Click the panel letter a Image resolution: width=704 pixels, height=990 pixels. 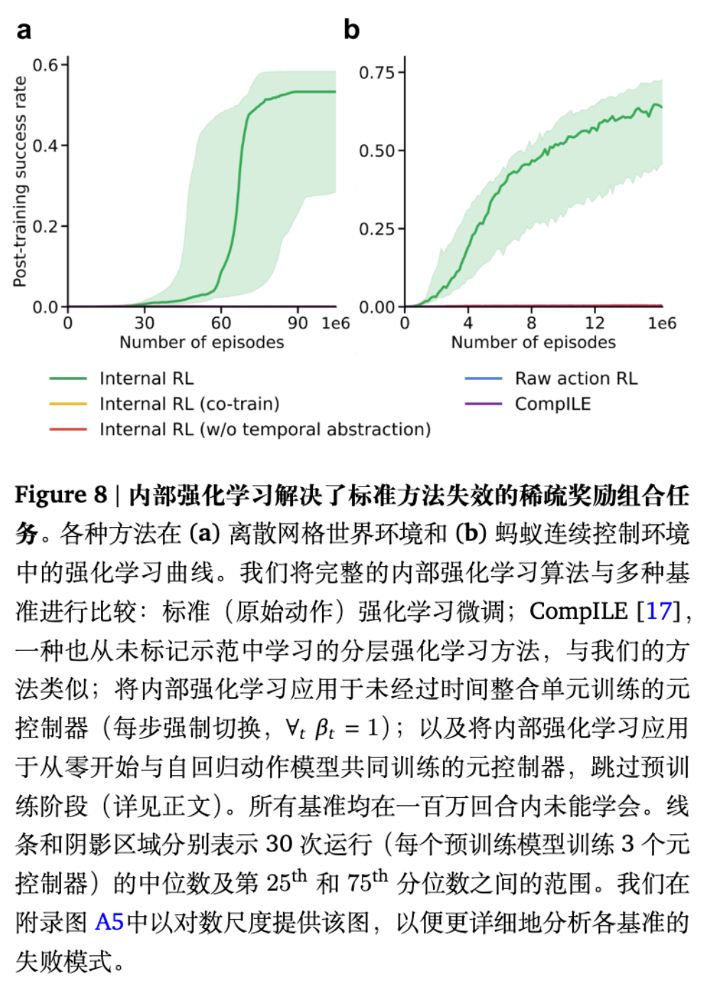coord(24,31)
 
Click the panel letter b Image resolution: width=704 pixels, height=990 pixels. coord(351,30)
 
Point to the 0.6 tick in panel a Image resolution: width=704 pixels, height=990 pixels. coord(46,65)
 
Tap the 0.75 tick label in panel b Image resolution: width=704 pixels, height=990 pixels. coord(376,73)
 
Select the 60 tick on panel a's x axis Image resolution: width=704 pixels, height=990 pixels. coord(221,323)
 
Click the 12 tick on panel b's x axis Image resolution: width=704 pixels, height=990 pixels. coord(594,323)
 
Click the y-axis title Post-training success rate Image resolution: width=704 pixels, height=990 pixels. coord(20,182)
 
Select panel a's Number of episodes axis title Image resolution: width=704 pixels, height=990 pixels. coord(201,342)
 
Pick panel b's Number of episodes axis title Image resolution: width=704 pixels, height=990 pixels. coord(533,342)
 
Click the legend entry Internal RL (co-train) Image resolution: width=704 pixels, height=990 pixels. coord(189,404)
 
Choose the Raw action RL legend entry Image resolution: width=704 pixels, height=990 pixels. coord(576,378)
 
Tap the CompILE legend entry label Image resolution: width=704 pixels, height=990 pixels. coord(553,404)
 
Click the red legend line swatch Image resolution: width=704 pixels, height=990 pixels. coord(68,430)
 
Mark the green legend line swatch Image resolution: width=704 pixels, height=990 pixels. coord(68,378)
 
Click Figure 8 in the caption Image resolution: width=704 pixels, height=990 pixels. coord(60,494)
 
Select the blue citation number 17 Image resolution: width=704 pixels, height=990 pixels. coord(658,611)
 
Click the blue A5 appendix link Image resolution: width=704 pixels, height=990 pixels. coord(110,922)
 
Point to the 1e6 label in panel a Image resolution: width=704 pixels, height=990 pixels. coord(336,324)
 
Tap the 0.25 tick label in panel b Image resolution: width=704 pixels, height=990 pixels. coord(376,229)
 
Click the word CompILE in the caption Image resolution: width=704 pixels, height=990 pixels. coord(578,611)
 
